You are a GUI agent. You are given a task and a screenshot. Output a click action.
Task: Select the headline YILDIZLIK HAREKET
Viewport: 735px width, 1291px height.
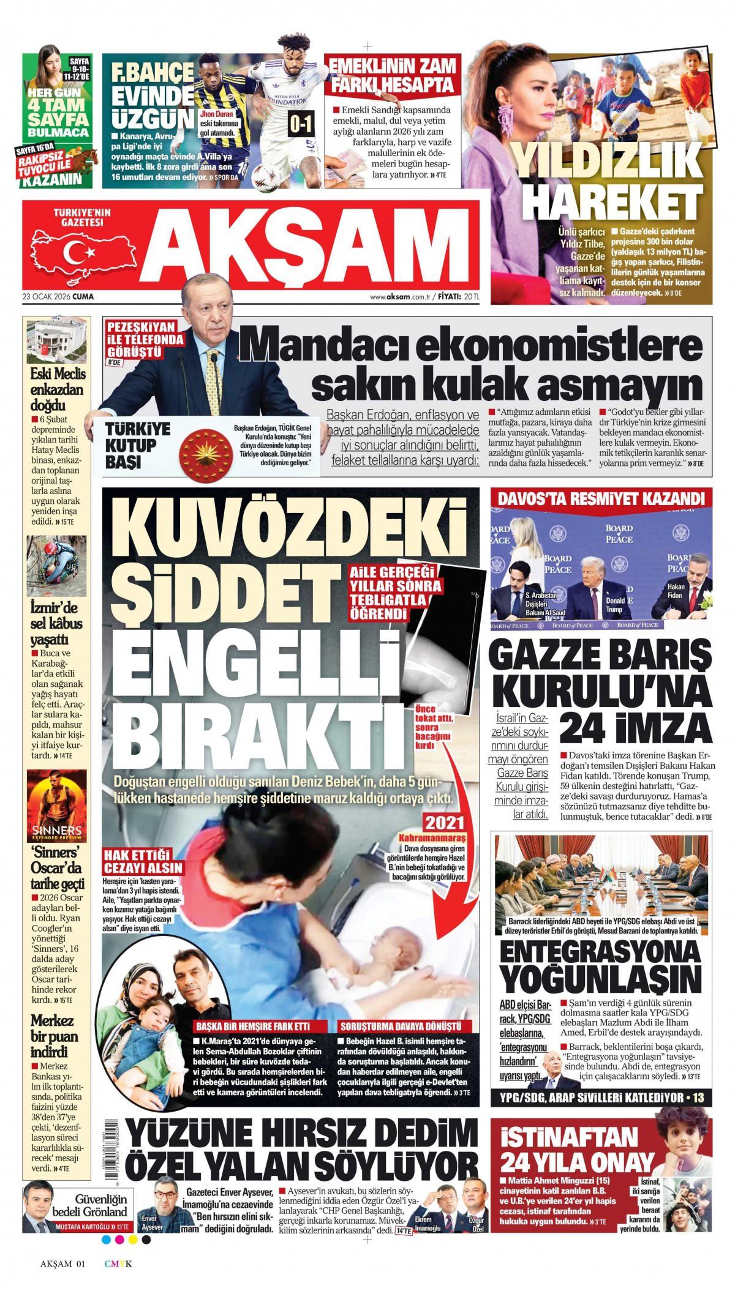click(x=606, y=184)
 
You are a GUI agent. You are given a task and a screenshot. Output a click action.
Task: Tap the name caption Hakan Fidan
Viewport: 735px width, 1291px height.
click(x=676, y=590)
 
